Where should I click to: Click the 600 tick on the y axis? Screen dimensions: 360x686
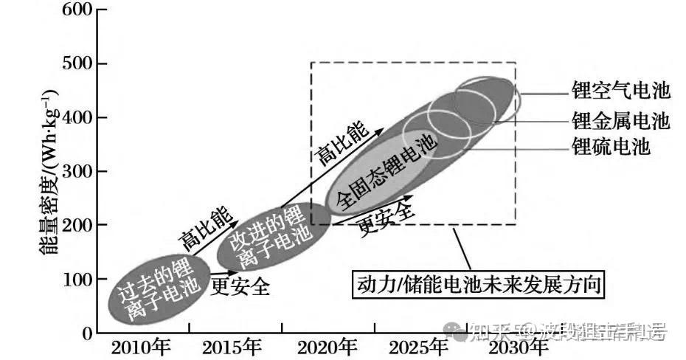point(75,11)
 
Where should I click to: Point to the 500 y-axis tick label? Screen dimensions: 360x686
point(75,64)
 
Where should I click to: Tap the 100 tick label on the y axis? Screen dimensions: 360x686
point(75,280)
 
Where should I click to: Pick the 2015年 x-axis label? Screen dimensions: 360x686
point(232,347)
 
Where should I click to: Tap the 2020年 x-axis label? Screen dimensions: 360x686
point(328,347)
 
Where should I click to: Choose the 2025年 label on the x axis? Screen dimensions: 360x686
point(418,347)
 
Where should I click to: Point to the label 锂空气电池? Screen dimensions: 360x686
point(620,91)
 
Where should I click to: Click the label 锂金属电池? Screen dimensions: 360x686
point(620,120)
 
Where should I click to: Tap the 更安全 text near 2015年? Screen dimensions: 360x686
point(240,285)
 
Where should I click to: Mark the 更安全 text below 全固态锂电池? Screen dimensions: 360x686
point(384,217)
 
